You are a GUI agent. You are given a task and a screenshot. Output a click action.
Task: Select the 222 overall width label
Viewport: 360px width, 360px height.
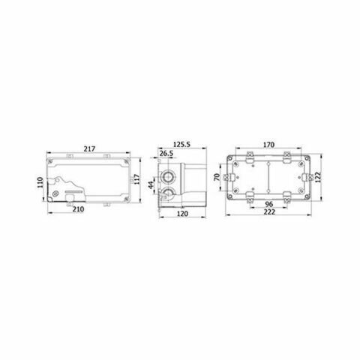(x=268, y=213)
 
